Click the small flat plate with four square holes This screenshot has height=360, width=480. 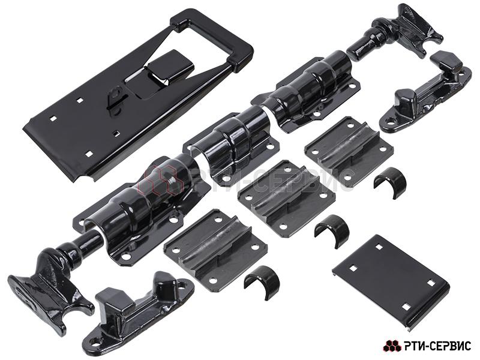tap(391, 283)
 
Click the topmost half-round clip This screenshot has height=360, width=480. tap(389, 182)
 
